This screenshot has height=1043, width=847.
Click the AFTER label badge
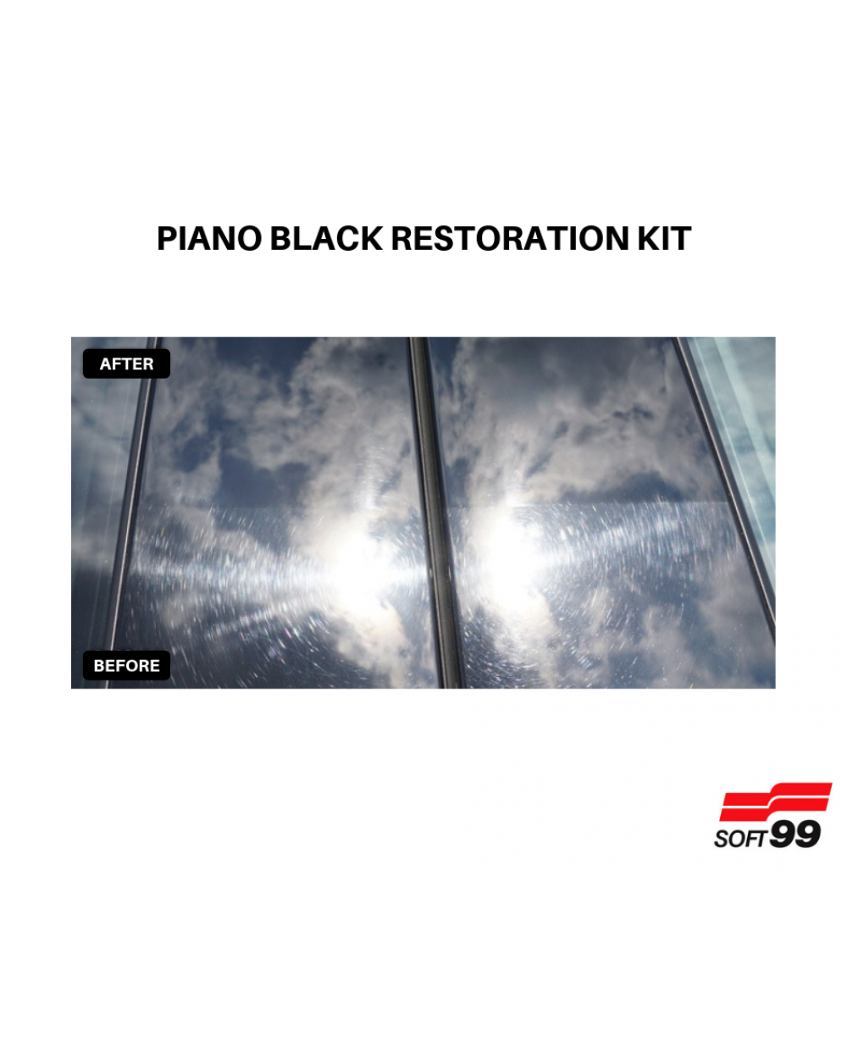tap(126, 363)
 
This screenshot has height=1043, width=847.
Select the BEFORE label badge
tap(126, 665)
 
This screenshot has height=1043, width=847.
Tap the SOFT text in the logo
tap(739, 839)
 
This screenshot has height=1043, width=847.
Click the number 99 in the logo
tap(794, 835)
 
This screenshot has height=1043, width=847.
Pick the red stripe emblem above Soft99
tap(776, 802)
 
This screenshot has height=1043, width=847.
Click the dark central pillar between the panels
tap(435, 513)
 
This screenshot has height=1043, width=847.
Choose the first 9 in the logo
tap(782, 835)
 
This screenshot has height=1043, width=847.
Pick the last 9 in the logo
tap(808, 835)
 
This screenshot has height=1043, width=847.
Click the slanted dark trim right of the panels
tap(724, 485)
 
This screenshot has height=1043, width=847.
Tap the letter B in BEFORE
tap(99, 666)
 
